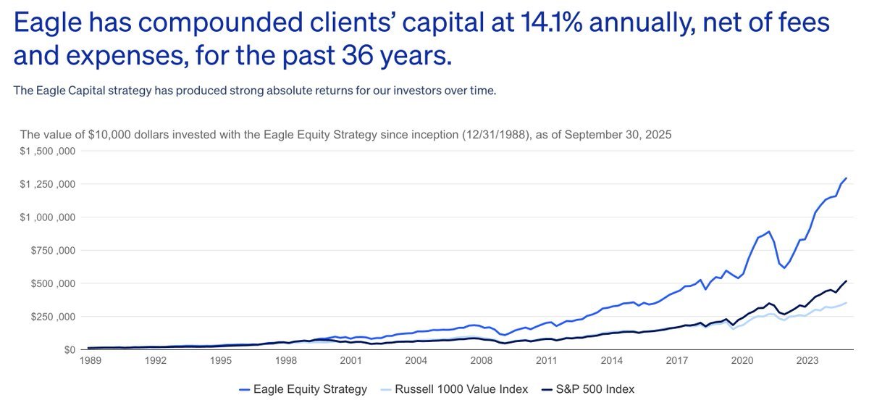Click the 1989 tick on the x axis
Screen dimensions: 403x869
91,360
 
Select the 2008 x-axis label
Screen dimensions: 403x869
480,360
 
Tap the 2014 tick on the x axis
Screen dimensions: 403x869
611,360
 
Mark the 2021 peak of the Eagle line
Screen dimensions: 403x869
769,232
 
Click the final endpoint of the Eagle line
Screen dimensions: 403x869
846,178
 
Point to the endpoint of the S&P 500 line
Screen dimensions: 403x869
846,281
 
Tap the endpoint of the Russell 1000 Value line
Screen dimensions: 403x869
846,303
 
